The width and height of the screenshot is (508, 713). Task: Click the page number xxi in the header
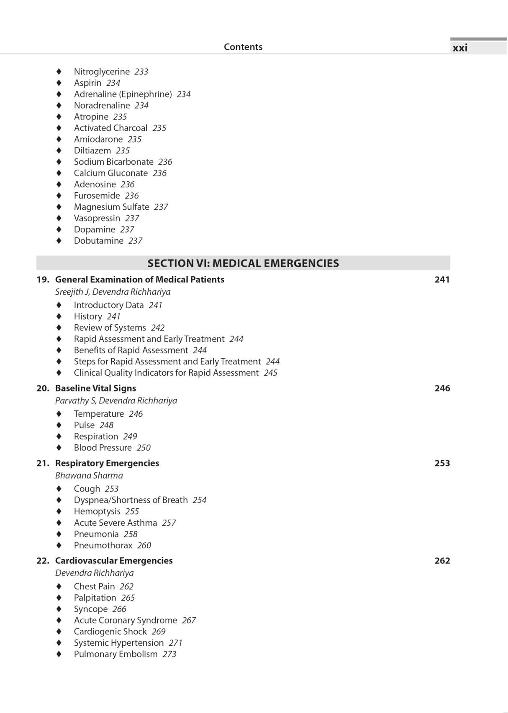[x=460, y=48]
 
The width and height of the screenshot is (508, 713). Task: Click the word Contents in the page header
[x=243, y=47]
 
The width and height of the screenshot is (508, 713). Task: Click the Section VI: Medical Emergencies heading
[x=243, y=263]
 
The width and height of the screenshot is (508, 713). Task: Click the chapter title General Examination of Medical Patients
[x=140, y=280]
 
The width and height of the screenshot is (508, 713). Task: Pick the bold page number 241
[x=442, y=280]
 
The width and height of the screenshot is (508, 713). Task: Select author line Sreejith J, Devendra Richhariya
[x=113, y=292]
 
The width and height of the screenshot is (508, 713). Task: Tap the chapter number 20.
[x=42, y=388]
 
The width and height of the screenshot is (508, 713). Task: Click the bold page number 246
[x=442, y=388]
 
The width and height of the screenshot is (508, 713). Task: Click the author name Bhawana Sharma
[x=89, y=475]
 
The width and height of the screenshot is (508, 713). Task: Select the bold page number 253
[x=442, y=463]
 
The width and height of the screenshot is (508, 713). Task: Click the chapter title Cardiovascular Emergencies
[x=114, y=560]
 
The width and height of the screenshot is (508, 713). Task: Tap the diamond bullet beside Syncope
[x=59, y=609]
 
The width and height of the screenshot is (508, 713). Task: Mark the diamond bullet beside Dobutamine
[x=59, y=241]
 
